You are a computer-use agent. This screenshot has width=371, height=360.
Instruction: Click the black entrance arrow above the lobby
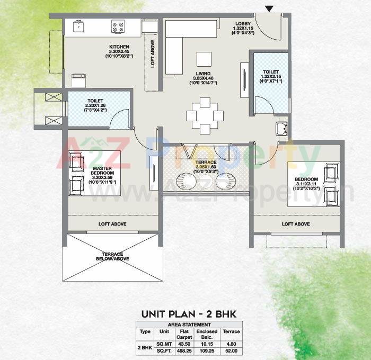tap(269, 8)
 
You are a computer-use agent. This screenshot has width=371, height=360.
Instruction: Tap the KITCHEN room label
tap(119, 47)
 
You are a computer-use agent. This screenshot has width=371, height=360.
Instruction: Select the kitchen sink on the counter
tap(79, 26)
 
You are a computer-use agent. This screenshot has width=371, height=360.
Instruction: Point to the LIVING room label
tap(202, 74)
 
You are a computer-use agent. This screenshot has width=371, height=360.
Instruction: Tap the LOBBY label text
tap(244, 24)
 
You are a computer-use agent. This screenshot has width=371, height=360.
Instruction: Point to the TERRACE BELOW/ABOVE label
tap(110, 255)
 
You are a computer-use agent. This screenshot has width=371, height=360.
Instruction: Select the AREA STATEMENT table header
tap(189, 324)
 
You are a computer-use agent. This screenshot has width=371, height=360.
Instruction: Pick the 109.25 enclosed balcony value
tap(207, 350)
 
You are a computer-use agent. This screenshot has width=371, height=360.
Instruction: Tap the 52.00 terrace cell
tap(231, 350)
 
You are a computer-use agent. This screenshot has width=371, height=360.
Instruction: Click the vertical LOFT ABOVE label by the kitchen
tap(153, 54)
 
